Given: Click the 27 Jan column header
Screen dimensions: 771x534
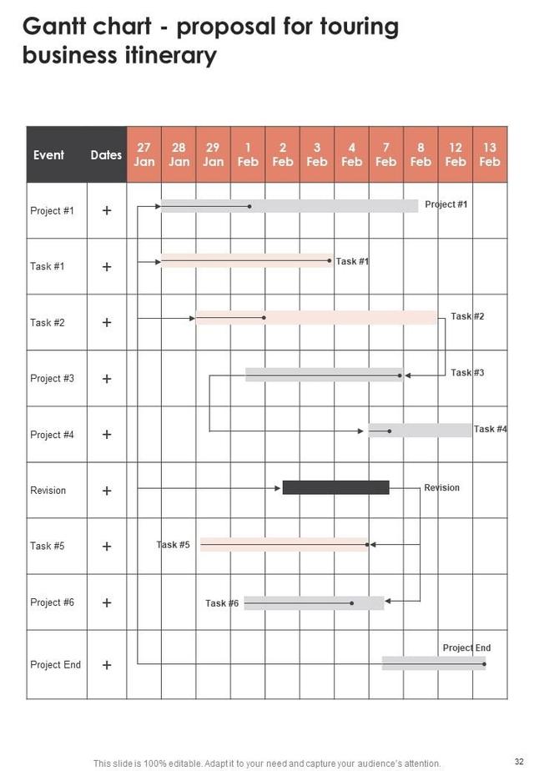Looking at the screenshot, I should (x=144, y=154).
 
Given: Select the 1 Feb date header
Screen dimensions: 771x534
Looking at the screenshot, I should (x=248, y=154).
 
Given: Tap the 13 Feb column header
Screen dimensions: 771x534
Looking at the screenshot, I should (x=490, y=154).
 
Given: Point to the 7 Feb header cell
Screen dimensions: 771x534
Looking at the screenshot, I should (x=386, y=154).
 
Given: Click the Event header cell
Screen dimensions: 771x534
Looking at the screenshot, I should (x=48, y=154).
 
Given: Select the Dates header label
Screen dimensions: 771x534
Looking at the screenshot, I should (x=106, y=154).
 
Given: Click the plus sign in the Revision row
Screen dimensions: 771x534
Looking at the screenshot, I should (x=107, y=491).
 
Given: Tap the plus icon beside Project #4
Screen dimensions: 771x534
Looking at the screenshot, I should (x=107, y=435).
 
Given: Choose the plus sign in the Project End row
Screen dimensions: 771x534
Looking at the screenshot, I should (x=107, y=665).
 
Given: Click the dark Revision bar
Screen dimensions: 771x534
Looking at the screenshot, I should (x=335, y=487).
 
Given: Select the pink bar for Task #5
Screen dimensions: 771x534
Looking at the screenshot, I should (x=284, y=545).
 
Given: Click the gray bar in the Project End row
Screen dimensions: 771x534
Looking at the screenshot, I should (x=433, y=663).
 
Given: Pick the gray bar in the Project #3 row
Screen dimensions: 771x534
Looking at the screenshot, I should (x=324, y=375).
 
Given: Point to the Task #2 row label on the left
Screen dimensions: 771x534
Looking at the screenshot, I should (x=48, y=323).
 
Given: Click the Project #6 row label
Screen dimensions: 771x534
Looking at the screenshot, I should (x=52, y=602).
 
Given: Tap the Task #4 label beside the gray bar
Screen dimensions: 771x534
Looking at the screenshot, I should (x=490, y=429).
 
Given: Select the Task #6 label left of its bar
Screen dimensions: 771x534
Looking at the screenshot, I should (x=222, y=603).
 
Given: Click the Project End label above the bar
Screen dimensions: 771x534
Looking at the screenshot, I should (x=466, y=648).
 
